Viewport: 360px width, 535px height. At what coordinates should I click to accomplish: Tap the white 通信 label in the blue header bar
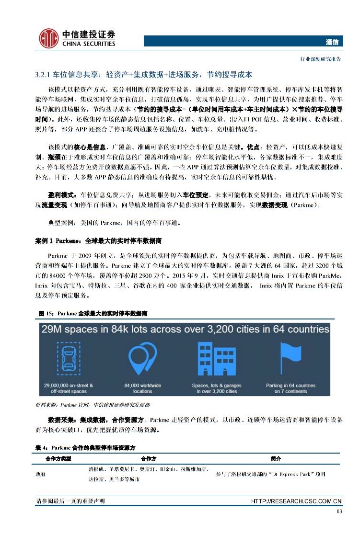coord(332,42)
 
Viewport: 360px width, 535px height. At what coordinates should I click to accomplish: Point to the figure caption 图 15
coord(93,313)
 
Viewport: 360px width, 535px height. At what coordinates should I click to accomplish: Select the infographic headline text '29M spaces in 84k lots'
coord(185,330)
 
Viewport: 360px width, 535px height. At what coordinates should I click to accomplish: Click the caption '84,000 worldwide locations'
coord(142,388)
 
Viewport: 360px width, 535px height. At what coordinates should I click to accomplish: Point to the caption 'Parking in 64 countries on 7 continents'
coord(290,388)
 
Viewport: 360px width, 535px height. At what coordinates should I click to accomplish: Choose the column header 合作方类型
coord(58,458)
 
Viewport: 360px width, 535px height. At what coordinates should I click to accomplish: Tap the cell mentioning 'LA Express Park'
coord(271,474)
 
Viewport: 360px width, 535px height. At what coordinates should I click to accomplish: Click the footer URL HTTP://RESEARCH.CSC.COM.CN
coord(296,501)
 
